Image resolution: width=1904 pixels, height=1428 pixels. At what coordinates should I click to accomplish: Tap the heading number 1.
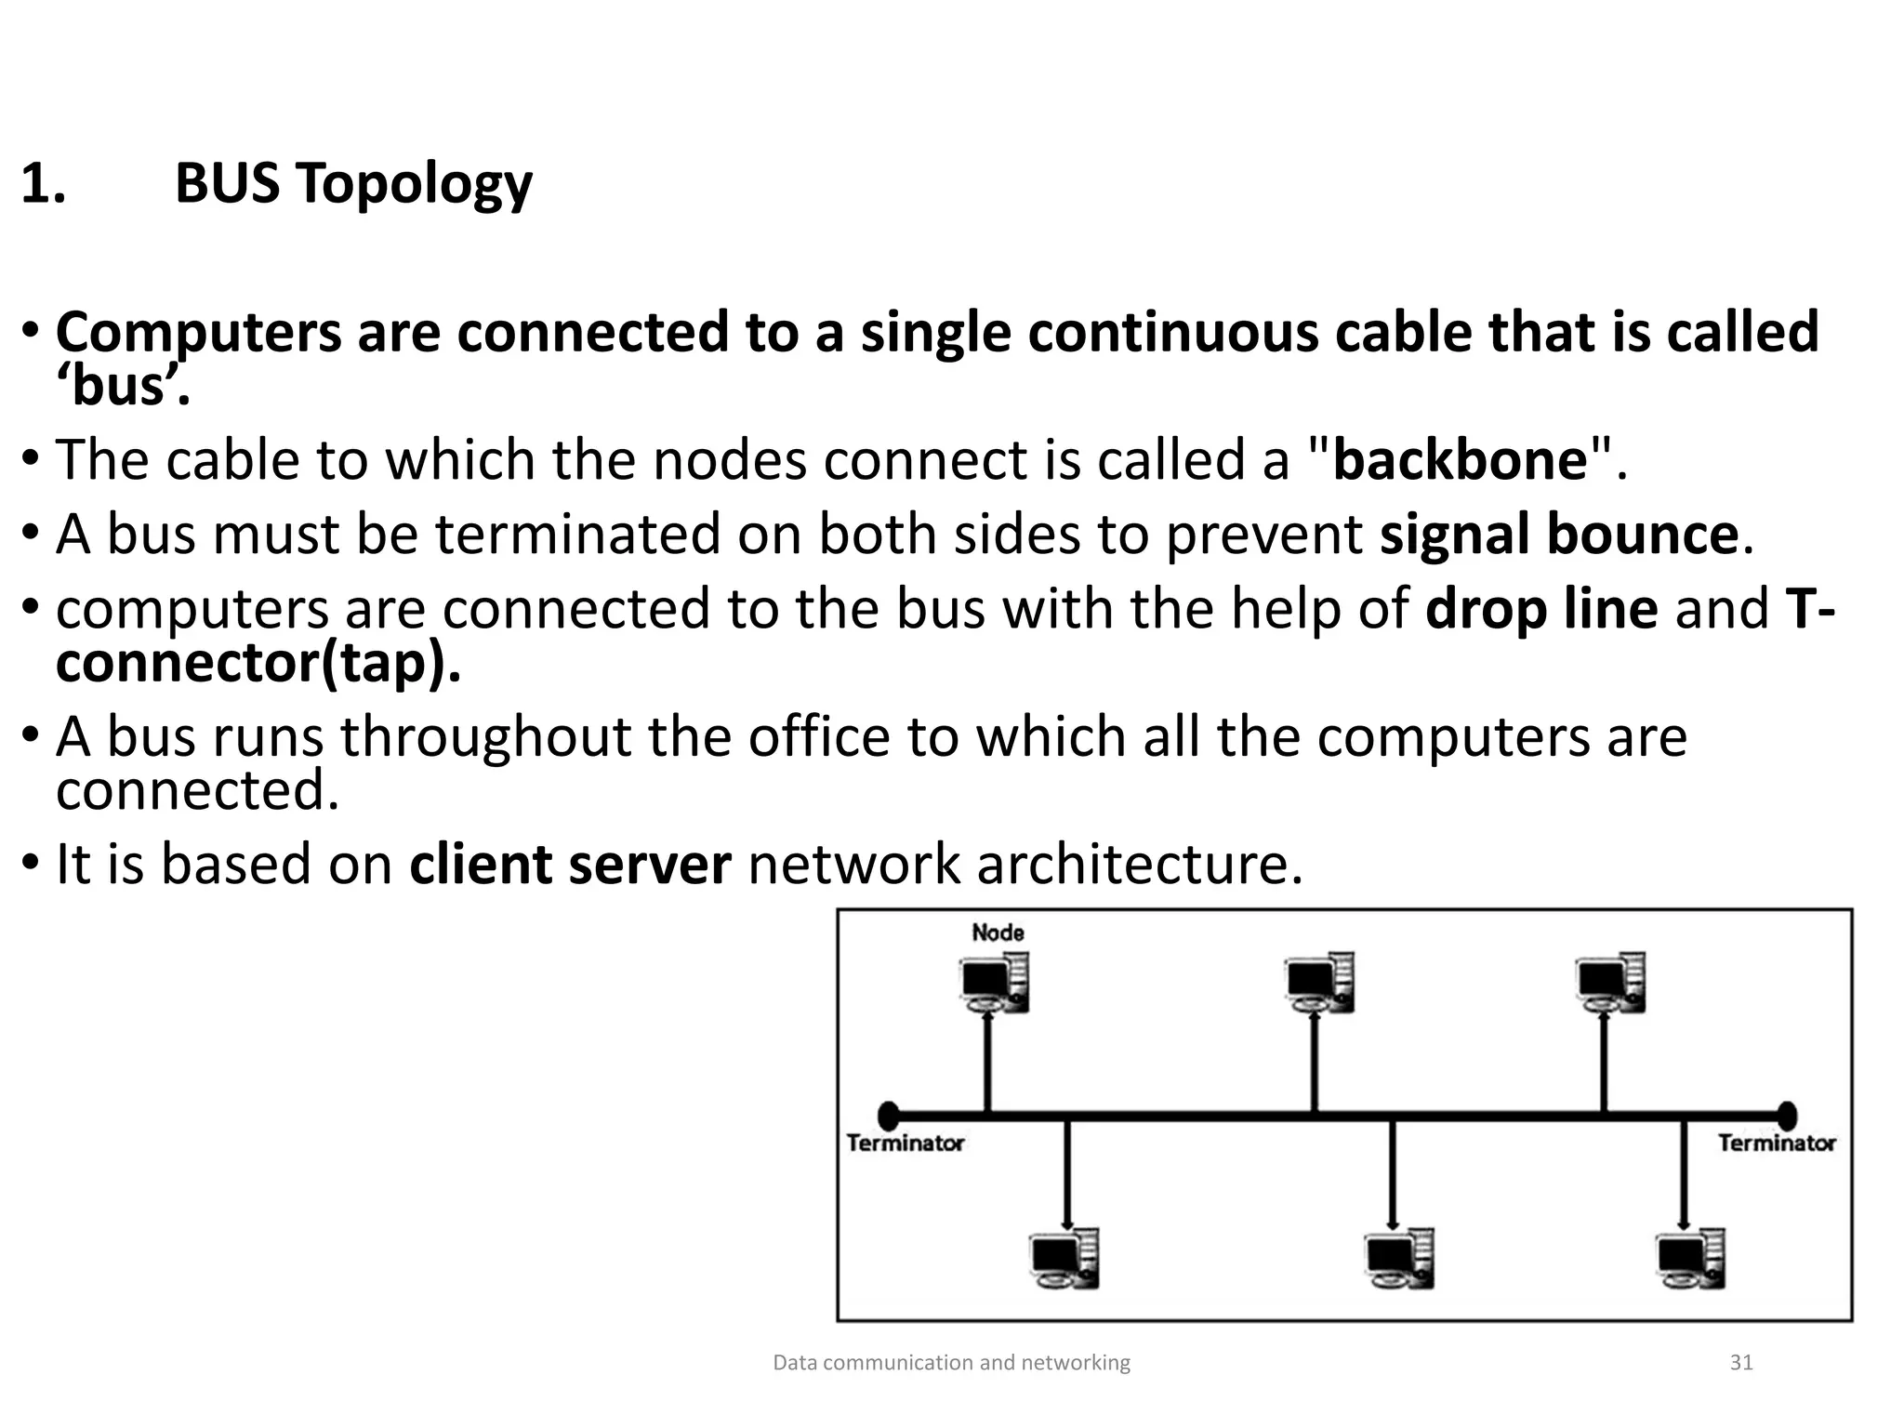pyautogui.click(x=43, y=183)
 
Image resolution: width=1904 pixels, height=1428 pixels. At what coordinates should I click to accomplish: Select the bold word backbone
pyautogui.click(x=1461, y=460)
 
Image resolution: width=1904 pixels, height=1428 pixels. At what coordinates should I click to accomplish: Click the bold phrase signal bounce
pyautogui.click(x=1559, y=535)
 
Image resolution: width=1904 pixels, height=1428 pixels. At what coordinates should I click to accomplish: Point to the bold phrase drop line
pyautogui.click(x=1541, y=609)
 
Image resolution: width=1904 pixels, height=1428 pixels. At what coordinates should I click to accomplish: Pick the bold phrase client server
pyautogui.click(x=570, y=865)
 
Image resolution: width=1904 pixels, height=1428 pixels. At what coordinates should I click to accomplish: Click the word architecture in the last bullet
pyautogui.click(x=1140, y=865)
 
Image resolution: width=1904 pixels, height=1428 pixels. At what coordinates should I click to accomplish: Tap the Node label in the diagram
pyautogui.click(x=998, y=932)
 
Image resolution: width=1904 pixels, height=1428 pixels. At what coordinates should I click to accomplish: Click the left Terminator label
pyautogui.click(x=906, y=1144)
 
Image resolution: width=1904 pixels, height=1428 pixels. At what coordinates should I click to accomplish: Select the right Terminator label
pyautogui.click(x=1777, y=1144)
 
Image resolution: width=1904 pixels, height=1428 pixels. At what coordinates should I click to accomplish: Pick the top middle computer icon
pyautogui.click(x=1319, y=983)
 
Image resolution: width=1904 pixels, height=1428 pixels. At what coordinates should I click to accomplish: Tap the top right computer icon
pyautogui.click(x=1610, y=983)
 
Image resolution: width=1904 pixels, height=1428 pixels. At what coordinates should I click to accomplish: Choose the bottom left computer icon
pyautogui.click(x=1065, y=1259)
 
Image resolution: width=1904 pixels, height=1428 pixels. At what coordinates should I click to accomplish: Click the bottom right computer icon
pyautogui.click(x=1690, y=1259)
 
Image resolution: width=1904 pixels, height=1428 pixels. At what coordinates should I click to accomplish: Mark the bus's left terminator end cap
pyautogui.click(x=889, y=1115)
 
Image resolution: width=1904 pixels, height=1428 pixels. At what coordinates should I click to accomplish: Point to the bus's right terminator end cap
pyautogui.click(x=1786, y=1115)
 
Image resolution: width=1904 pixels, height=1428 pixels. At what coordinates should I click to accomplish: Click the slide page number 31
pyautogui.click(x=1740, y=1363)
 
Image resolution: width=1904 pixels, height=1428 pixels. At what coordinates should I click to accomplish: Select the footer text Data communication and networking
pyautogui.click(x=951, y=1363)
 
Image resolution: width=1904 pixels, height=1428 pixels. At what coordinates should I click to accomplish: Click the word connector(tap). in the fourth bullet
pyautogui.click(x=258, y=664)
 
